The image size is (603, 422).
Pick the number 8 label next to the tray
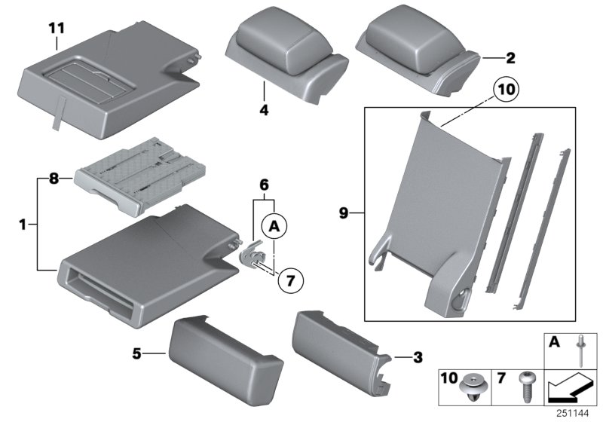point(54,179)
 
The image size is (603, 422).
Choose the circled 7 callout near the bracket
point(291,280)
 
